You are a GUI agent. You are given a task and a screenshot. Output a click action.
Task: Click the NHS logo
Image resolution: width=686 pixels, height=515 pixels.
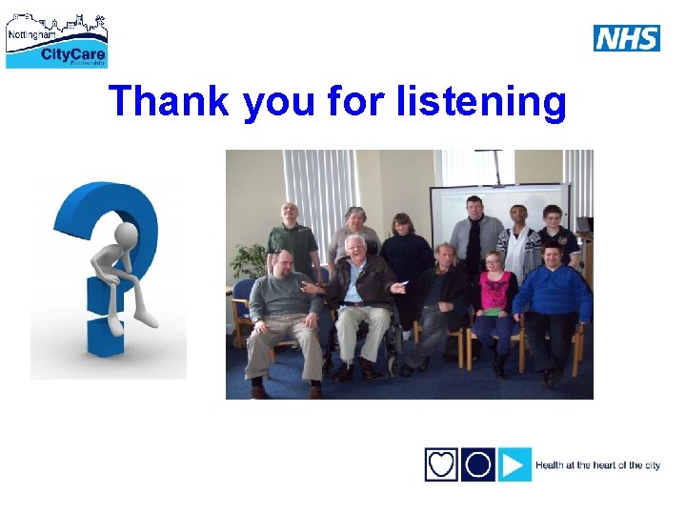pos(626,38)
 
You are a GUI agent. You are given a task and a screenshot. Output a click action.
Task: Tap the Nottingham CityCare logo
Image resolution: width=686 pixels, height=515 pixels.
pos(57,40)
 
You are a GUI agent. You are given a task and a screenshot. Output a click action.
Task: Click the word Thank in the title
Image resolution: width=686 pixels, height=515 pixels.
pos(169,101)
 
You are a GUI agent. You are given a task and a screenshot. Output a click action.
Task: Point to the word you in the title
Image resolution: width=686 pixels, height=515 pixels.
pos(278,103)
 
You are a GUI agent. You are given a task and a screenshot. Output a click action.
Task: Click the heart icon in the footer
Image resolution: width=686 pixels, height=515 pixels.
pos(441,464)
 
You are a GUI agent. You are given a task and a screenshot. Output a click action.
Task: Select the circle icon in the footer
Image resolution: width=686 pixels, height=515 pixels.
pos(478,464)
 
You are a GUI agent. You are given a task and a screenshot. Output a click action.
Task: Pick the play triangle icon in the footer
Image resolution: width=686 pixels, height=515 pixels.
pos(514,464)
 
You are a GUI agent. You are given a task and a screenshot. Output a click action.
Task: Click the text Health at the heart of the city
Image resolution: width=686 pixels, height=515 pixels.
pos(597,465)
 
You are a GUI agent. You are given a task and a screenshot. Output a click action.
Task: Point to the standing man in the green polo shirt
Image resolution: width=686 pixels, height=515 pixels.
pos(291,238)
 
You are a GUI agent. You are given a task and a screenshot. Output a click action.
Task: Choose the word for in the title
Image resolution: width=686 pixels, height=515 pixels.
pos(354,101)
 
